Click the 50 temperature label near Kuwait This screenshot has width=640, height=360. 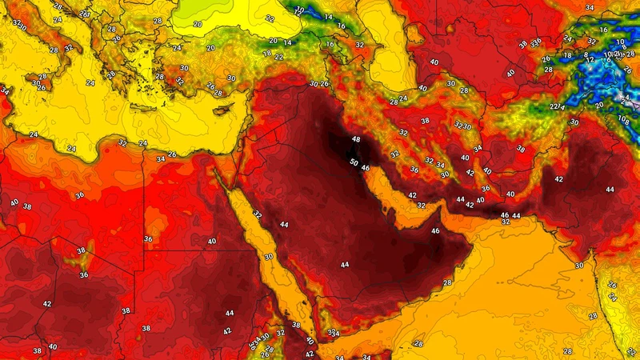click(x=354, y=162)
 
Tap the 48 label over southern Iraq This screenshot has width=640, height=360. click(x=356, y=140)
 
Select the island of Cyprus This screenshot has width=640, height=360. click(x=223, y=109)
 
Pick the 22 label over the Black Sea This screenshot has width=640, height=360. click(x=270, y=18)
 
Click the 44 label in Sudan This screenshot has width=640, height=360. click(x=230, y=313)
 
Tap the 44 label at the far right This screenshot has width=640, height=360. click(x=610, y=190)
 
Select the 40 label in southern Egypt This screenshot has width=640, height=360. click(x=211, y=242)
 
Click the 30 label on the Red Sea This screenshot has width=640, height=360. click(x=269, y=257)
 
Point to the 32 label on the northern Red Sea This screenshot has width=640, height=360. click(x=257, y=214)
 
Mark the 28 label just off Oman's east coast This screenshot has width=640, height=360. click(x=447, y=283)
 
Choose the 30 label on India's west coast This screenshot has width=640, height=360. click(x=578, y=266)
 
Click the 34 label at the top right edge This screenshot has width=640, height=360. click(x=612, y=8)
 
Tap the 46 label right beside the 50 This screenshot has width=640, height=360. click(x=365, y=169)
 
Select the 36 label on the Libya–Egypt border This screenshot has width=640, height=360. click(x=148, y=238)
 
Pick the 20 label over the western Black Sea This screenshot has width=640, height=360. click(x=198, y=24)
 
